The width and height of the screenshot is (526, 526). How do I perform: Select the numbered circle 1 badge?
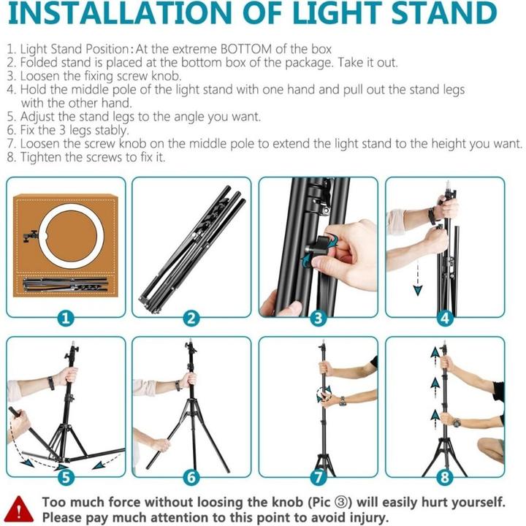[66, 318]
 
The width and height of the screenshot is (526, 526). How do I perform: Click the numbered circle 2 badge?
[192, 318]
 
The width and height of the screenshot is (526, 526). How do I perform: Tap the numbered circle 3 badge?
[318, 318]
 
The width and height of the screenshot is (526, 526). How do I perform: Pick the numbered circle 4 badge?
[445, 318]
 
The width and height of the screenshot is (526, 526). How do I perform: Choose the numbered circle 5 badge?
[66, 478]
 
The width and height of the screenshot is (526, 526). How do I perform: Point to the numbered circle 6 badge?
[192, 478]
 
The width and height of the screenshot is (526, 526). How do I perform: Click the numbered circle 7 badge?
[318, 478]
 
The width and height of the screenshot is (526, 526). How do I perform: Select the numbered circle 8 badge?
[445, 478]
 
